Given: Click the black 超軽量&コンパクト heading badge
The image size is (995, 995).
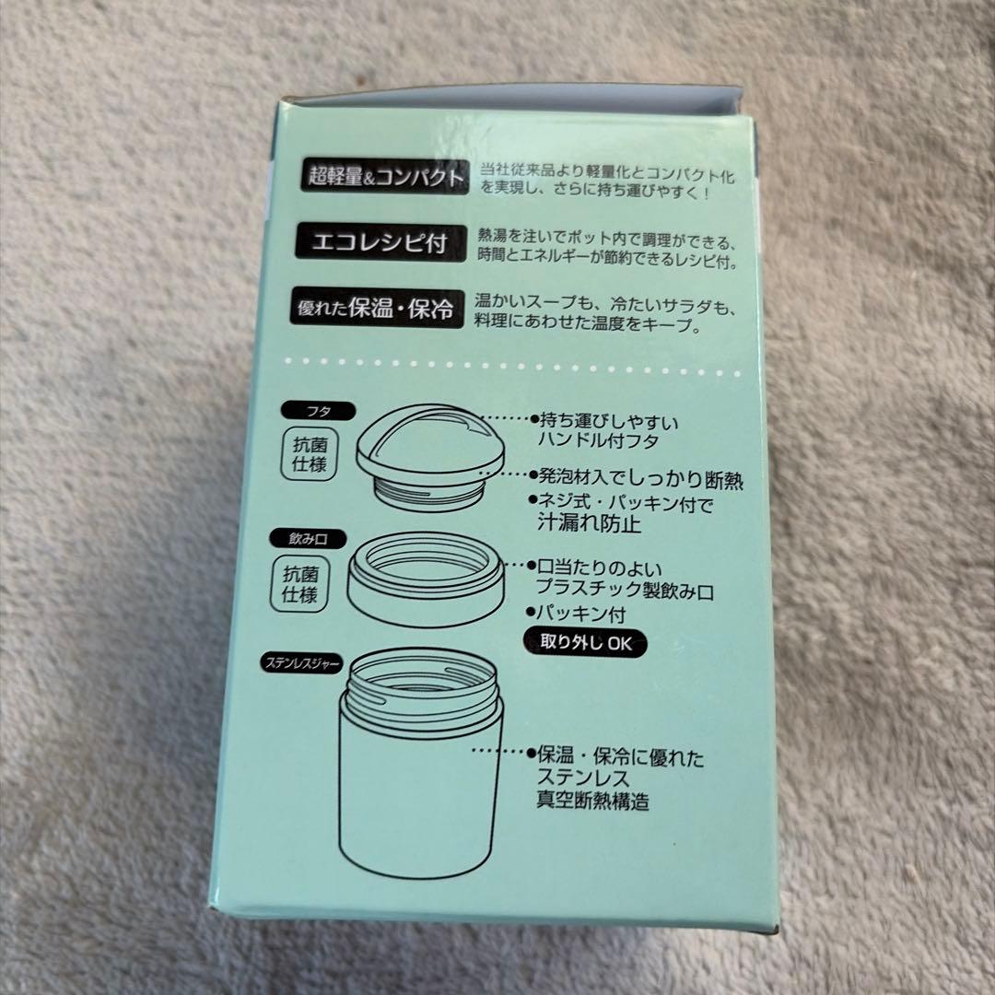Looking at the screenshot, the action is point(384,176).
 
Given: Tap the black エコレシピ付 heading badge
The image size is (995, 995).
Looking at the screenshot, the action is point(380,242).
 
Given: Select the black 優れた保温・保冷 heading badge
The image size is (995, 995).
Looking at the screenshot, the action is point(377,308).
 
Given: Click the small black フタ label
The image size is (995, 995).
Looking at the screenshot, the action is point(318,411).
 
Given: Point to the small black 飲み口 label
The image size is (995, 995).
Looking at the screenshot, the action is point(308,539).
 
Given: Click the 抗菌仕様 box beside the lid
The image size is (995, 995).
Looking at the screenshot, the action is point(309,454).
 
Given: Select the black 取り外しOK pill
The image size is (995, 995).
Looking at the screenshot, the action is point(585,643).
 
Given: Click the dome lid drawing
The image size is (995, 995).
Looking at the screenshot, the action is point(432,440).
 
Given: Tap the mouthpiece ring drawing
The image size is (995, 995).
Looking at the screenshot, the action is point(426,579).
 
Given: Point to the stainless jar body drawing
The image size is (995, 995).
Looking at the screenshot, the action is point(419,762).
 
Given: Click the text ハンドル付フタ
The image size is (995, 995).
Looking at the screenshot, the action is point(598,441).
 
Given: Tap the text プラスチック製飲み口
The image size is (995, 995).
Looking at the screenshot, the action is point(625,591).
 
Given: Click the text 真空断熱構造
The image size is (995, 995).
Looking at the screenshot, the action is point(592,801).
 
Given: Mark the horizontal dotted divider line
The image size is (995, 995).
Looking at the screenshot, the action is point(513,367).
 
